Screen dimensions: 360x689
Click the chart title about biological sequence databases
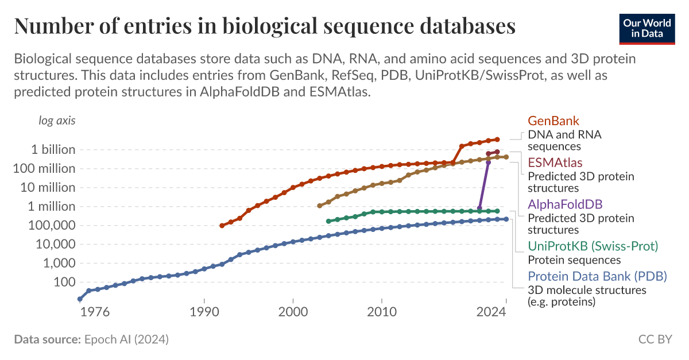coord(264,26)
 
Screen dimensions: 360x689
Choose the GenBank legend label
coord(553,121)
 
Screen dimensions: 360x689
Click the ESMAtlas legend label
coord(555,163)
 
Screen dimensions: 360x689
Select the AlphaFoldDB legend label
coord(565,204)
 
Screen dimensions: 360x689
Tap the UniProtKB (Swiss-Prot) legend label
coord(593,246)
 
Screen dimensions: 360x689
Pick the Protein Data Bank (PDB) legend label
coord(597,276)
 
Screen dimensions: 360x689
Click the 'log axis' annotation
coord(57,121)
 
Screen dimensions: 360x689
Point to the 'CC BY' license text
coord(655,339)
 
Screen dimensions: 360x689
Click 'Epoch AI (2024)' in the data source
coord(126,339)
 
